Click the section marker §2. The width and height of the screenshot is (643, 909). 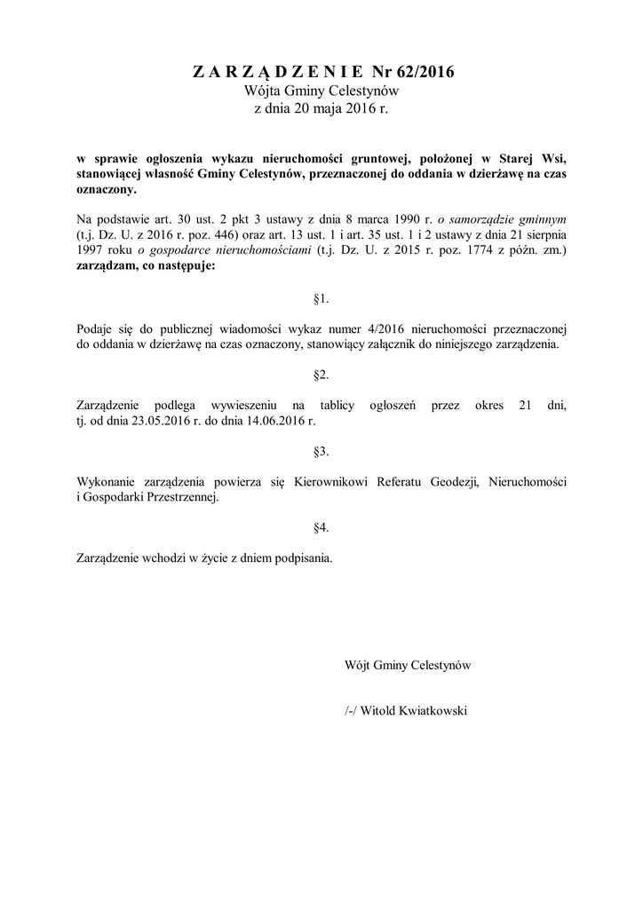coord(321,374)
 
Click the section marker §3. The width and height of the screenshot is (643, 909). coord(321,451)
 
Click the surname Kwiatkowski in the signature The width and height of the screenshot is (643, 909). coord(430,711)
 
